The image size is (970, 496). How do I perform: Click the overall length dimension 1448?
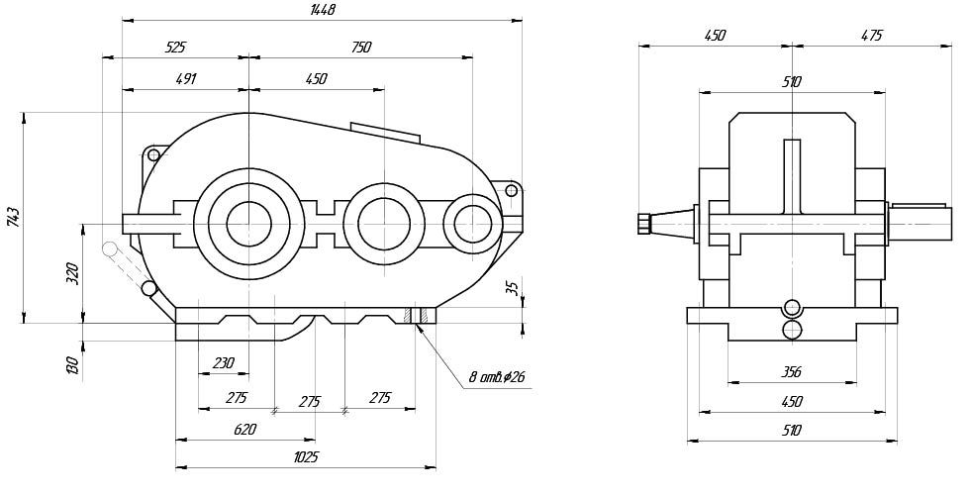tap(323, 10)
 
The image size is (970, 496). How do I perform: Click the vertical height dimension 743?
tap(12, 218)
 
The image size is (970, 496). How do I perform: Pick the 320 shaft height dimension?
tap(71, 274)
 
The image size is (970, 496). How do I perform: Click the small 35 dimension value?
tap(511, 288)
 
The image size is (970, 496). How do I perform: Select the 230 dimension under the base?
tap(223, 363)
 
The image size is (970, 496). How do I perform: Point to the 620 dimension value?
tap(244, 430)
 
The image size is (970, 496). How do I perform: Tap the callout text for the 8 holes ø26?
tap(498, 377)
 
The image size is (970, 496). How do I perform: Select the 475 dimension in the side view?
tap(871, 35)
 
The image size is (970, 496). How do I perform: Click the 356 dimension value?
tap(791, 372)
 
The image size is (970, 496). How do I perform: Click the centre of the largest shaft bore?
tap(249, 222)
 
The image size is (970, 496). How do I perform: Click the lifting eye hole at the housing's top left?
tap(153, 155)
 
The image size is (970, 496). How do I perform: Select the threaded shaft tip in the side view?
tap(642, 223)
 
